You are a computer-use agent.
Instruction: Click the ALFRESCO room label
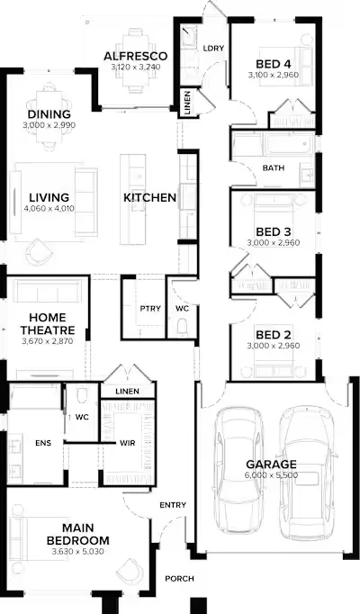[x=135, y=57]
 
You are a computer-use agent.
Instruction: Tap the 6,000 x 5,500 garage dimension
[x=272, y=475]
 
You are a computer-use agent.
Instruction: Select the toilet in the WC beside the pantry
[x=182, y=327]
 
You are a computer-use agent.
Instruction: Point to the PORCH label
[x=179, y=578]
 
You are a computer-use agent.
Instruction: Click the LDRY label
[x=213, y=48]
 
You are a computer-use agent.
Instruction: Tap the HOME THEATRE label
[x=48, y=323]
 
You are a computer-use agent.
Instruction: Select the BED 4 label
[x=273, y=64]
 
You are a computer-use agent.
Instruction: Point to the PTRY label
[x=150, y=309]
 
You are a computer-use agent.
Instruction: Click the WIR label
[x=128, y=443]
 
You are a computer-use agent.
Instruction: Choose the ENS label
[x=43, y=443]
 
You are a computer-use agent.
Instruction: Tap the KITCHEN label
[x=150, y=198]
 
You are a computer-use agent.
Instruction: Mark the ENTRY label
[x=173, y=505]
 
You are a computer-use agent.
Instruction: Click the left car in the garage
[x=238, y=470]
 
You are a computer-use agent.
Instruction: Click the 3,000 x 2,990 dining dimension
[x=49, y=125]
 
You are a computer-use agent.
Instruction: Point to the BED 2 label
[x=273, y=335]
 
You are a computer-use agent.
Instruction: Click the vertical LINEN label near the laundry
[x=187, y=103]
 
